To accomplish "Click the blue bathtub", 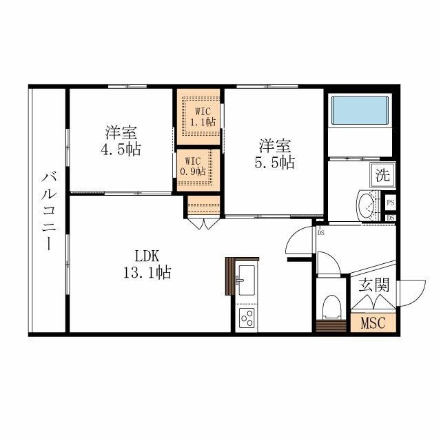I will click(359, 111).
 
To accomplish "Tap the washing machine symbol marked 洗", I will click(381, 174).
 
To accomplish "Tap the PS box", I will click(391, 203).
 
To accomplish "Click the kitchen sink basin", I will click(246, 280).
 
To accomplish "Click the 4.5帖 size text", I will click(120, 148).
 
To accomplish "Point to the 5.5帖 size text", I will click(275, 163).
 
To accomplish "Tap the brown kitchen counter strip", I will click(230, 276).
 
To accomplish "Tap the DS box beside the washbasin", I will click(391, 218).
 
